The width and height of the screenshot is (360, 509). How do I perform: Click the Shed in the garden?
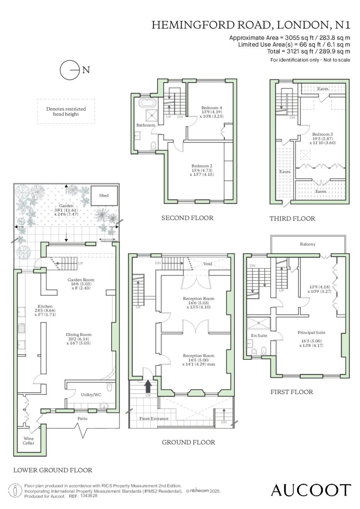click(x=104, y=196)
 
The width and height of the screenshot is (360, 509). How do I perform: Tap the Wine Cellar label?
click(x=29, y=441)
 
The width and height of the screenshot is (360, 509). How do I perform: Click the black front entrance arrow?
click(x=148, y=386)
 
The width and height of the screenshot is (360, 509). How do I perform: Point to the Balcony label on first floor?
click(x=308, y=244)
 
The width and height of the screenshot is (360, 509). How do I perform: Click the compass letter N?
click(x=86, y=70)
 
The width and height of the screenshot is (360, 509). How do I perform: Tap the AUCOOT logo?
click(x=311, y=490)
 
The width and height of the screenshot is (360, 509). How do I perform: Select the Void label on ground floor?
click(x=208, y=264)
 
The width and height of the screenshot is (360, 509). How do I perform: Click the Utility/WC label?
click(x=91, y=395)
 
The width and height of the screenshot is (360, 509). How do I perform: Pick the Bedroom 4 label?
click(x=211, y=108)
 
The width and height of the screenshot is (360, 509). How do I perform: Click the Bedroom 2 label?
click(x=202, y=166)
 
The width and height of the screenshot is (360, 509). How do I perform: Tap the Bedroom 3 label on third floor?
click(x=321, y=134)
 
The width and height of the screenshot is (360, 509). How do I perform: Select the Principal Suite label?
click(x=311, y=332)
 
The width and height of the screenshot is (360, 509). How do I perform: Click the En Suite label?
click(x=259, y=335)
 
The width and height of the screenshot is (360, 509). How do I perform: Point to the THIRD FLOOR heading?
click(x=292, y=219)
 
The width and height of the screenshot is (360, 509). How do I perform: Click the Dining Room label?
click(x=79, y=334)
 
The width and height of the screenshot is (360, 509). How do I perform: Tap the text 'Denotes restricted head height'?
click(x=66, y=111)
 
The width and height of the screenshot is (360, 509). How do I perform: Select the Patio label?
click(x=82, y=418)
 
